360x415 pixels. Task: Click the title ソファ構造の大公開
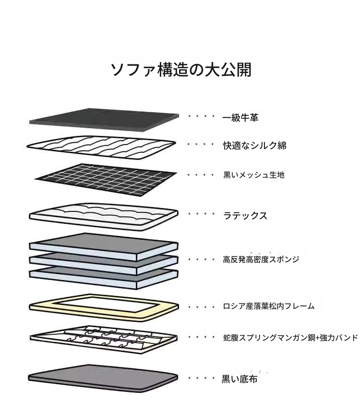(x=181, y=70)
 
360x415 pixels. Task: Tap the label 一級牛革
(x=240, y=118)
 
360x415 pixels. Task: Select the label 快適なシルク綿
(x=254, y=146)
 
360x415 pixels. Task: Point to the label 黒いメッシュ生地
(x=253, y=175)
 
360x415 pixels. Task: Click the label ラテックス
(x=245, y=216)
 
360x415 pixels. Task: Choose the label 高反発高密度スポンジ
(x=261, y=259)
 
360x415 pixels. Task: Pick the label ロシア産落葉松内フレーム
(x=269, y=306)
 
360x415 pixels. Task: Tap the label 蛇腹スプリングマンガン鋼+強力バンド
(x=290, y=338)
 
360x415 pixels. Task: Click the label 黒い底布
(x=240, y=379)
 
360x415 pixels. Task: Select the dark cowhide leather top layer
(x=104, y=120)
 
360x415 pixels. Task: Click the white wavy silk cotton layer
(x=101, y=147)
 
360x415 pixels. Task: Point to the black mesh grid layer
(x=106, y=180)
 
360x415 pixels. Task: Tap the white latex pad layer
(x=104, y=217)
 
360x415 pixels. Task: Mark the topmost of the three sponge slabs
(x=104, y=247)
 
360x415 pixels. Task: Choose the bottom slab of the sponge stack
(x=104, y=279)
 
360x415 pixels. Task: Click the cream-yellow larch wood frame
(x=42, y=307)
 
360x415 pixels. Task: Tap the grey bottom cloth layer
(x=103, y=378)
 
